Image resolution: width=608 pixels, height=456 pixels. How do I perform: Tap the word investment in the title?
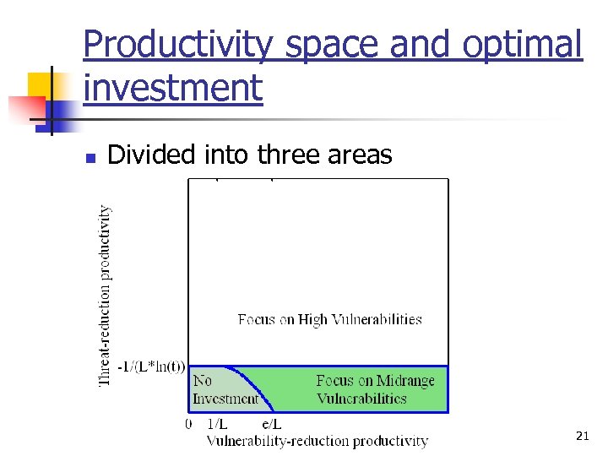(x=173, y=87)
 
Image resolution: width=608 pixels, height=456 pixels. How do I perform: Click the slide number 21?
(x=582, y=436)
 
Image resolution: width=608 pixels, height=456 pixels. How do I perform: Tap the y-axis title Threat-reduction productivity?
(x=106, y=296)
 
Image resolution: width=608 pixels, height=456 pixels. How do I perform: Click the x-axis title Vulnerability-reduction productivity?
(x=317, y=441)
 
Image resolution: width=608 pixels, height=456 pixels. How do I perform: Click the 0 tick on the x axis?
(x=189, y=424)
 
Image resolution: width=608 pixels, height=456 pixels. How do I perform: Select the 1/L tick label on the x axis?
(x=217, y=424)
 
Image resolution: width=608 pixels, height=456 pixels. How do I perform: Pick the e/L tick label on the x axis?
(x=271, y=424)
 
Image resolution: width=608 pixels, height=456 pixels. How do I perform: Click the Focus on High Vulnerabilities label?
(x=329, y=319)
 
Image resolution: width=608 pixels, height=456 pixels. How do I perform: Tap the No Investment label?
(x=224, y=389)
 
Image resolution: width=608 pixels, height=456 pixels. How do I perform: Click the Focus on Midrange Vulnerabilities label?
(x=375, y=389)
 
